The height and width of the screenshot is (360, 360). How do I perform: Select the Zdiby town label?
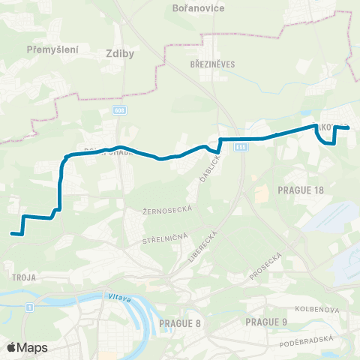[x=115, y=54]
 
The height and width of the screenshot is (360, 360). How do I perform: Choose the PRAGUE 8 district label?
[x=180, y=323]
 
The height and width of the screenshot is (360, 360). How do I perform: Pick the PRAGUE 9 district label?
[x=266, y=322]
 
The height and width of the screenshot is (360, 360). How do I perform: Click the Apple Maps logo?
[x=27, y=347]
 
